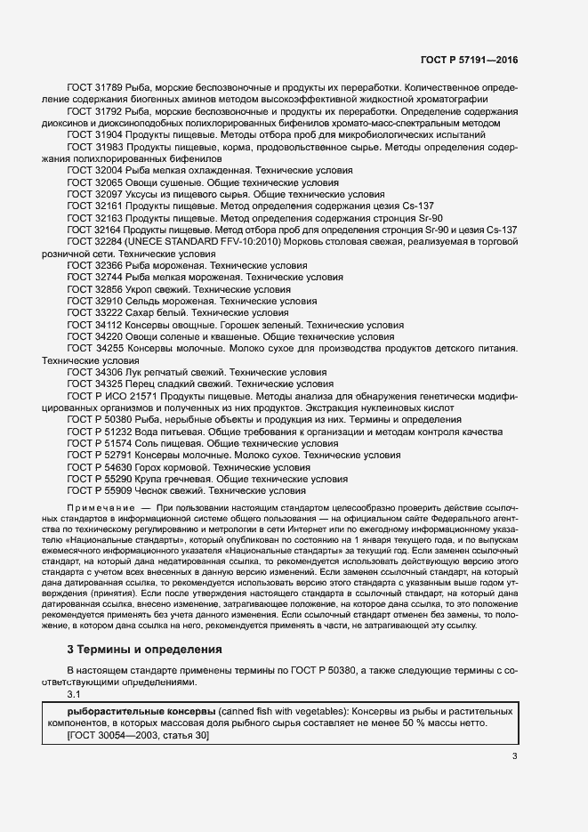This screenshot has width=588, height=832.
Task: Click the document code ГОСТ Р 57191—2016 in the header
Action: click(x=469, y=60)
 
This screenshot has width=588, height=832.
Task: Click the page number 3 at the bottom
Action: click(x=514, y=756)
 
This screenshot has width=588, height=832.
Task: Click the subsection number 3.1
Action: click(x=74, y=694)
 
